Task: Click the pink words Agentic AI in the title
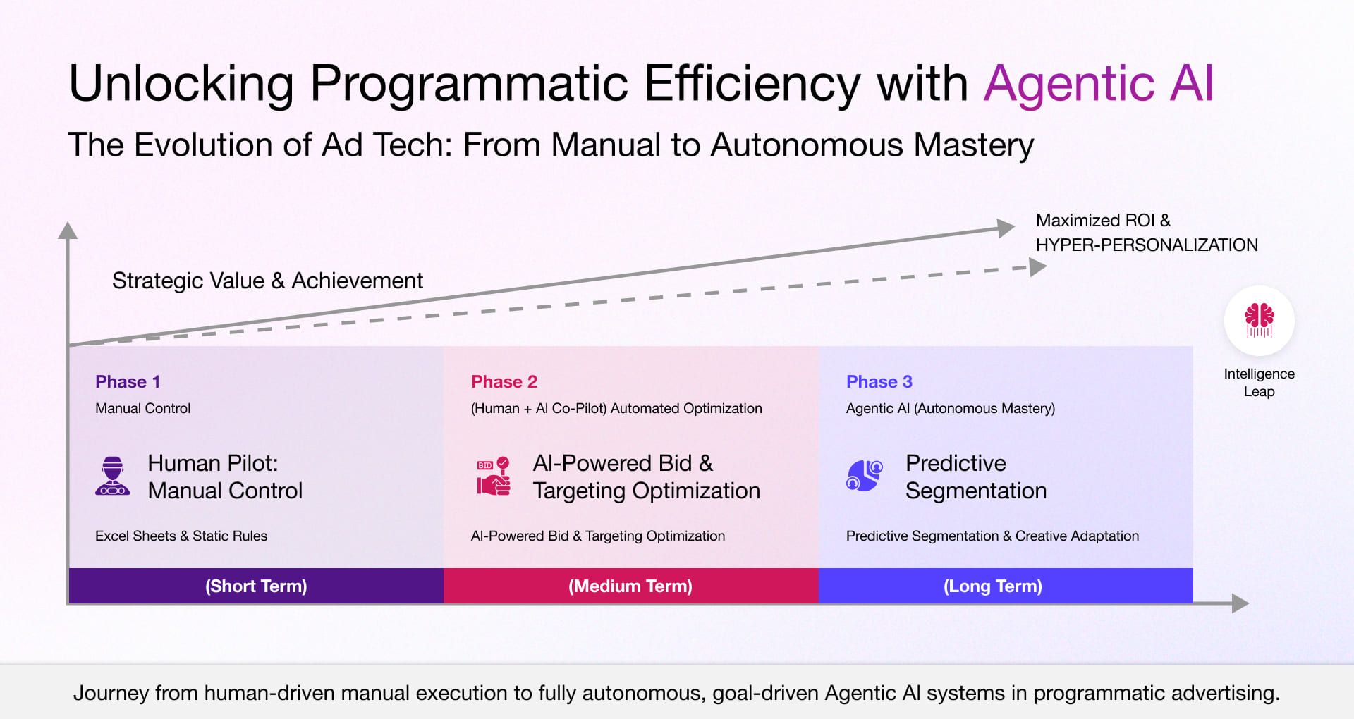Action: pyautogui.click(x=1098, y=83)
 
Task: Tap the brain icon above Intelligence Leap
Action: pyautogui.click(x=1259, y=321)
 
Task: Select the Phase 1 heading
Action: pyautogui.click(x=128, y=381)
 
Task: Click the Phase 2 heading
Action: pyautogui.click(x=504, y=381)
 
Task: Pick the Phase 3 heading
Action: pyautogui.click(x=879, y=381)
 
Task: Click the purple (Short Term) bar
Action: pyautogui.click(x=256, y=586)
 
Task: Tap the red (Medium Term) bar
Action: pyautogui.click(x=630, y=586)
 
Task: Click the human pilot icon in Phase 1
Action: pyautogui.click(x=113, y=476)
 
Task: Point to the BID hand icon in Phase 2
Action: pyautogui.click(x=494, y=476)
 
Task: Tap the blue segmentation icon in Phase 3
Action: pyautogui.click(x=864, y=476)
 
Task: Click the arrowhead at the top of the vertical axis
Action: pyautogui.click(x=68, y=231)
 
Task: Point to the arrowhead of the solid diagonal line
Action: pyautogui.click(x=1006, y=228)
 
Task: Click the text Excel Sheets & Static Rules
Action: pyautogui.click(x=181, y=536)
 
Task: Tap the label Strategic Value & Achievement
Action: pyautogui.click(x=267, y=281)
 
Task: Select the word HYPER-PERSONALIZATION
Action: pyautogui.click(x=1146, y=245)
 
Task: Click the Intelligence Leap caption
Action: pyautogui.click(x=1259, y=382)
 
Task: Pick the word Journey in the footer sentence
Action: pyautogui.click(x=111, y=693)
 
